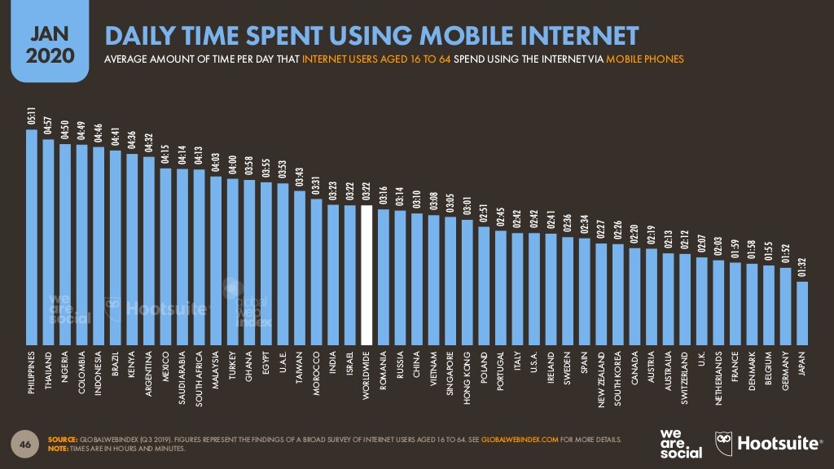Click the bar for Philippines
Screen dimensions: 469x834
coord(32,236)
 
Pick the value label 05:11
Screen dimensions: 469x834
coord(32,116)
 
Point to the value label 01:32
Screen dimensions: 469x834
coord(802,269)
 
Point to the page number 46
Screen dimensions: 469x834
coord(24,444)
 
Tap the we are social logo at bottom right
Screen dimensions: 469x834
coord(678,442)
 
